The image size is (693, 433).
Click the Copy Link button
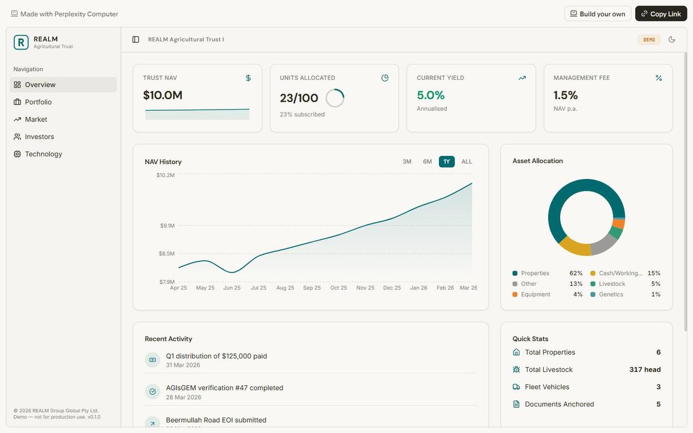[661, 14]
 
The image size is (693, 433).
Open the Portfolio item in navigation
[38, 102]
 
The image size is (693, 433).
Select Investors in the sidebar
[39, 137]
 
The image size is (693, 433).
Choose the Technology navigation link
[43, 154]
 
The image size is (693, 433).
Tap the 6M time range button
[427, 162]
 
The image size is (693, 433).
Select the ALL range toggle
[467, 162]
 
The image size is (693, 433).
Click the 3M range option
[407, 162]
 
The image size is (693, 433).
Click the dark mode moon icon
[672, 39]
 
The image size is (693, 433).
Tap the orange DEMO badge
[649, 40]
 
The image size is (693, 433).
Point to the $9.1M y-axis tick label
[167, 225]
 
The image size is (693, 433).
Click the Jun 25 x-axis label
[232, 288]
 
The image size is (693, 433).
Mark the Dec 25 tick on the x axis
[392, 288]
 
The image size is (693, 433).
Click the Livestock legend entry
[612, 284]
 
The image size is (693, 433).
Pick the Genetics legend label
[611, 294]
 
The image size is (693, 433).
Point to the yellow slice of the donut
[574, 247]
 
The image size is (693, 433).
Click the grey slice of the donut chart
[604, 245]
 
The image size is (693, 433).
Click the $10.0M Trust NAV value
[163, 95]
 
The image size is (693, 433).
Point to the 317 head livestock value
[645, 370]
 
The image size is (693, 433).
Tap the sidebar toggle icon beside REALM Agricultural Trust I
[135, 39]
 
